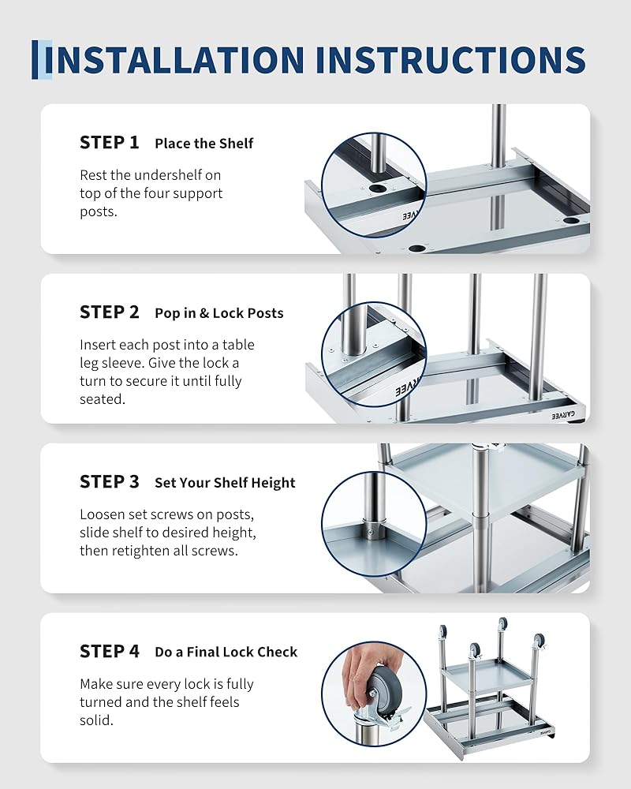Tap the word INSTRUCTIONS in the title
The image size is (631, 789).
pyautogui.click(x=451, y=60)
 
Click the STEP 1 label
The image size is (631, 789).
pyautogui.click(x=109, y=142)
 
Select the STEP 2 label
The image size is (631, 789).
pyautogui.click(x=109, y=312)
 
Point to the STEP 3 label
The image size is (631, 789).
pyautogui.click(x=109, y=481)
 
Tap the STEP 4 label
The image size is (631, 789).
pyautogui.click(x=109, y=651)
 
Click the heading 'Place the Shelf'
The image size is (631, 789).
pyautogui.click(x=203, y=144)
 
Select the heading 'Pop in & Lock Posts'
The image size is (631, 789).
pyautogui.click(x=219, y=313)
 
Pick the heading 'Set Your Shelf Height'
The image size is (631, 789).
pyautogui.click(x=225, y=483)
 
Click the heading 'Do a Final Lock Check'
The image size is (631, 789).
pyautogui.click(x=226, y=653)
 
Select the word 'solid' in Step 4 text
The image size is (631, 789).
pyautogui.click(x=95, y=720)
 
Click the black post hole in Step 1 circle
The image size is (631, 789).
pyautogui.click(x=376, y=189)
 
